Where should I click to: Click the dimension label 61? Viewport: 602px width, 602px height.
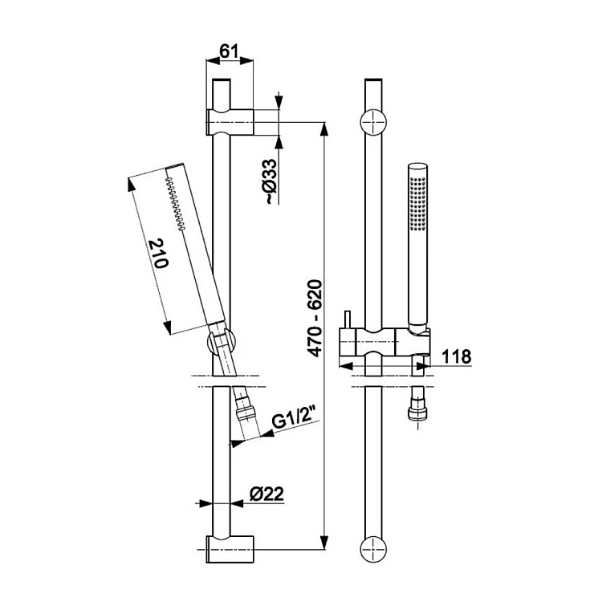coord(230,51)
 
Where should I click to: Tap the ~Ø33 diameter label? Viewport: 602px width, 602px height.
coord(271,181)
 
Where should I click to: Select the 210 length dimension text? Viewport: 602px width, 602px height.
coord(159,254)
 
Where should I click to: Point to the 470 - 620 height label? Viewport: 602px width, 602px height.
coord(316,319)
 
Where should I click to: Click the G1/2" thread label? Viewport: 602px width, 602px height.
coord(293,417)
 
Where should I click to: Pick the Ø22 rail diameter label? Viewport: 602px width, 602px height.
coord(266,494)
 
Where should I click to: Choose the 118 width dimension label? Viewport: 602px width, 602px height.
coord(457,356)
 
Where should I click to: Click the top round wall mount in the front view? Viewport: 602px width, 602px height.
coord(373,123)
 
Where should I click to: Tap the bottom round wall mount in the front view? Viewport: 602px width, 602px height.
coord(373,549)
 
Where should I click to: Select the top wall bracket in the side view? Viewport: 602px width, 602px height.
coord(230,122)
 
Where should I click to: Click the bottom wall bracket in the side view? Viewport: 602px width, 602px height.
coord(230,549)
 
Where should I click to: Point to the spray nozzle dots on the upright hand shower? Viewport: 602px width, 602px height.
coord(417,204)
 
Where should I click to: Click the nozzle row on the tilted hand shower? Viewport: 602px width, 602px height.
coord(176,204)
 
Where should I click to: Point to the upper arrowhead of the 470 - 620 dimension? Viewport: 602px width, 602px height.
coord(325,130)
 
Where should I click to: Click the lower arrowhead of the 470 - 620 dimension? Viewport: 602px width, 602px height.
coord(325,542)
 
